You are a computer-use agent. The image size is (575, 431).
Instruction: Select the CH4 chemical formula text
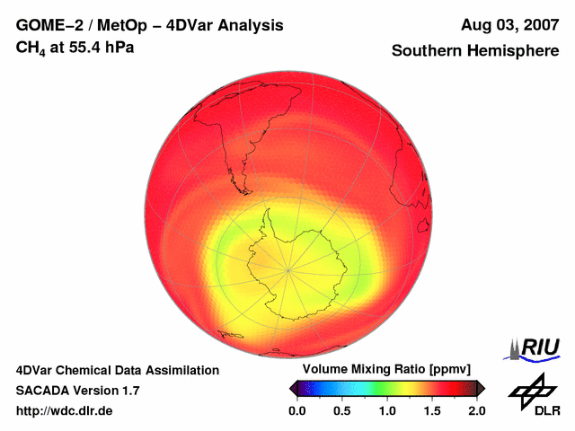click(x=31, y=48)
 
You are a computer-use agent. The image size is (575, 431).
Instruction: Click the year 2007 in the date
click(x=537, y=25)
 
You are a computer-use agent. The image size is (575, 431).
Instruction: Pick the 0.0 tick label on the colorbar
click(x=296, y=410)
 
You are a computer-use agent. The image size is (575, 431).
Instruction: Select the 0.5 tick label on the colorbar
click(x=341, y=410)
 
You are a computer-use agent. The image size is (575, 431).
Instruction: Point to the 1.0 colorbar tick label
click(x=386, y=410)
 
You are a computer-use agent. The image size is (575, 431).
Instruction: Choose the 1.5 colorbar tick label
click(x=431, y=410)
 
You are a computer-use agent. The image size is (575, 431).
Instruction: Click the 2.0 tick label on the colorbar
click(x=476, y=410)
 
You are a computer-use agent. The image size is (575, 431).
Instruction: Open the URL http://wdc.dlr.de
click(x=65, y=411)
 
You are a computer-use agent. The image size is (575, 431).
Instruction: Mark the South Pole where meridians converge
click(x=288, y=269)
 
